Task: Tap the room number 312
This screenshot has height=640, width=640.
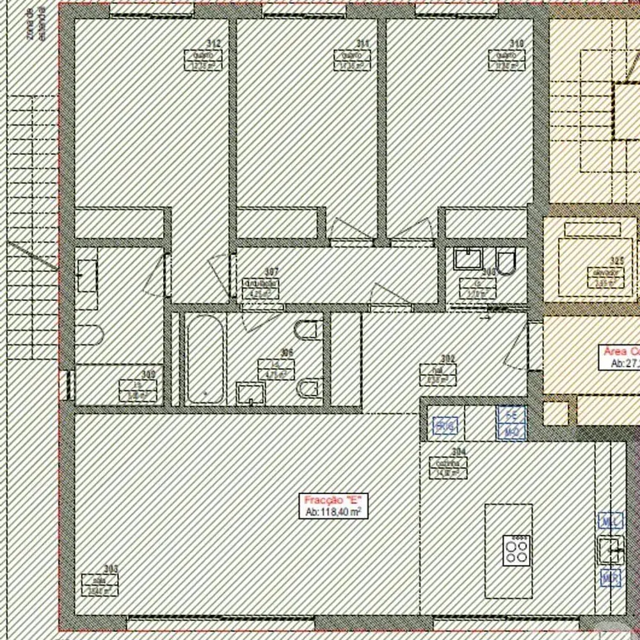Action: pyautogui.click(x=214, y=44)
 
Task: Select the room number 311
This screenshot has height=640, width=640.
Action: pyautogui.click(x=363, y=44)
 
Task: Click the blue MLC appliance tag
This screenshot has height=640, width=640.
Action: pyautogui.click(x=610, y=521)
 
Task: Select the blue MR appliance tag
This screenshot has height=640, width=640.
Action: pyautogui.click(x=610, y=579)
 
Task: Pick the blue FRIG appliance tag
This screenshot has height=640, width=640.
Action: pyautogui.click(x=445, y=426)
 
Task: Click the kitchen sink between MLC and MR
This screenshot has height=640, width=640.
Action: pyautogui.click(x=610, y=549)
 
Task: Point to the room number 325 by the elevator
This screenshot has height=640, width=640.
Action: pyautogui.click(x=617, y=260)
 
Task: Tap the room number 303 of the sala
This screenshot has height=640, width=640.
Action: pyautogui.click(x=111, y=568)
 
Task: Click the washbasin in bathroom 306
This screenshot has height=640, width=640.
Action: pyautogui.click(x=250, y=392)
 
